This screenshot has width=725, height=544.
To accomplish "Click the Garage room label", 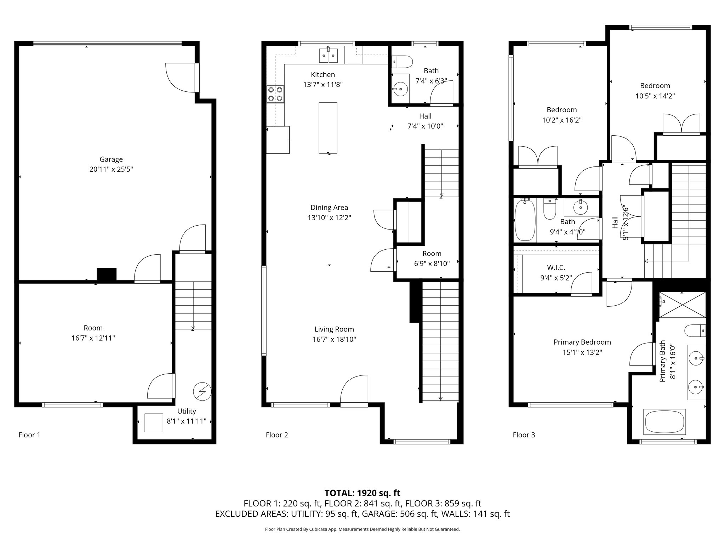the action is tap(111, 159).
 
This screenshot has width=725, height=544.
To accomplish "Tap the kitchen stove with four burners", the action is tap(276, 94).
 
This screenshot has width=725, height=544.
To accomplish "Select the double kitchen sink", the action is tap(329, 56).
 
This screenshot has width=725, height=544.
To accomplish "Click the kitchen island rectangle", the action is tap(328, 128).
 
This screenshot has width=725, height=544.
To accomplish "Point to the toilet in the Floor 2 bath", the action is tap(402, 62).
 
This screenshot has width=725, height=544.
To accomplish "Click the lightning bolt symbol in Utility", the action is tap(202, 391).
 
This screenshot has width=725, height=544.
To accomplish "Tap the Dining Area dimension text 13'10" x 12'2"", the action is tap(329, 217).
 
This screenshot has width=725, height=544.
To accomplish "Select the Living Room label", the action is tap(334, 329).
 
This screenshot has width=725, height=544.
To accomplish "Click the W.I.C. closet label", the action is tap(556, 268).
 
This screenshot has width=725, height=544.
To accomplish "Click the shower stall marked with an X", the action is tap(682, 305).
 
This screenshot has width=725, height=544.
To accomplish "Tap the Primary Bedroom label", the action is tap(582, 342).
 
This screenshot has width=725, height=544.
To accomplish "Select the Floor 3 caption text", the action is tap(524, 435).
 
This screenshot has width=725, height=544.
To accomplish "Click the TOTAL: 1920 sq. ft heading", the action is tap(362, 493).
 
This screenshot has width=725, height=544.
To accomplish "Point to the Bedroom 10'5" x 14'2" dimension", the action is tap(655, 96).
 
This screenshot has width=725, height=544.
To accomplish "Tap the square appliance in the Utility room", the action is tap(154, 423).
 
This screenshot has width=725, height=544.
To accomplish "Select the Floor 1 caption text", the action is tap(29, 435).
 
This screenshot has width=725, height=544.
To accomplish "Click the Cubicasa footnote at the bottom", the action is tap(362, 529).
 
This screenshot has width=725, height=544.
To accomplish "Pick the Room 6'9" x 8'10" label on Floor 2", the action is tap(432, 259).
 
